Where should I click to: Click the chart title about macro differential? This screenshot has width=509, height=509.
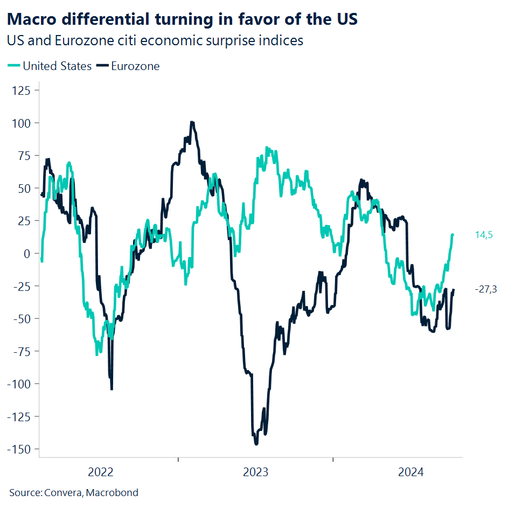183,20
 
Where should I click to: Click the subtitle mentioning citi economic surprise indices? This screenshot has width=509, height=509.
155,40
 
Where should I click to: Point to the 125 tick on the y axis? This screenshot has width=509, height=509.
23,90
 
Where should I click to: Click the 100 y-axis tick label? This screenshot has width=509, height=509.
23,123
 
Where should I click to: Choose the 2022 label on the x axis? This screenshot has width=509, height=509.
101,473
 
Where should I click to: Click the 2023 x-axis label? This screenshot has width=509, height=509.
255,473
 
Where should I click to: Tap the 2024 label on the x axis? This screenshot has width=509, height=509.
410,473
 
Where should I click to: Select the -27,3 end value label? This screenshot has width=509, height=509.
485,289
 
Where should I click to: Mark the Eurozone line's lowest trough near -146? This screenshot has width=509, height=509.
256,443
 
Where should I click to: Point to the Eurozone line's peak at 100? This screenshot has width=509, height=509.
192,122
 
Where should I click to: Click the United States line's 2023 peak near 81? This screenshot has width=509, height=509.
267,148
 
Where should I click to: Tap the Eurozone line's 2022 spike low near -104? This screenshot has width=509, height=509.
111,388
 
